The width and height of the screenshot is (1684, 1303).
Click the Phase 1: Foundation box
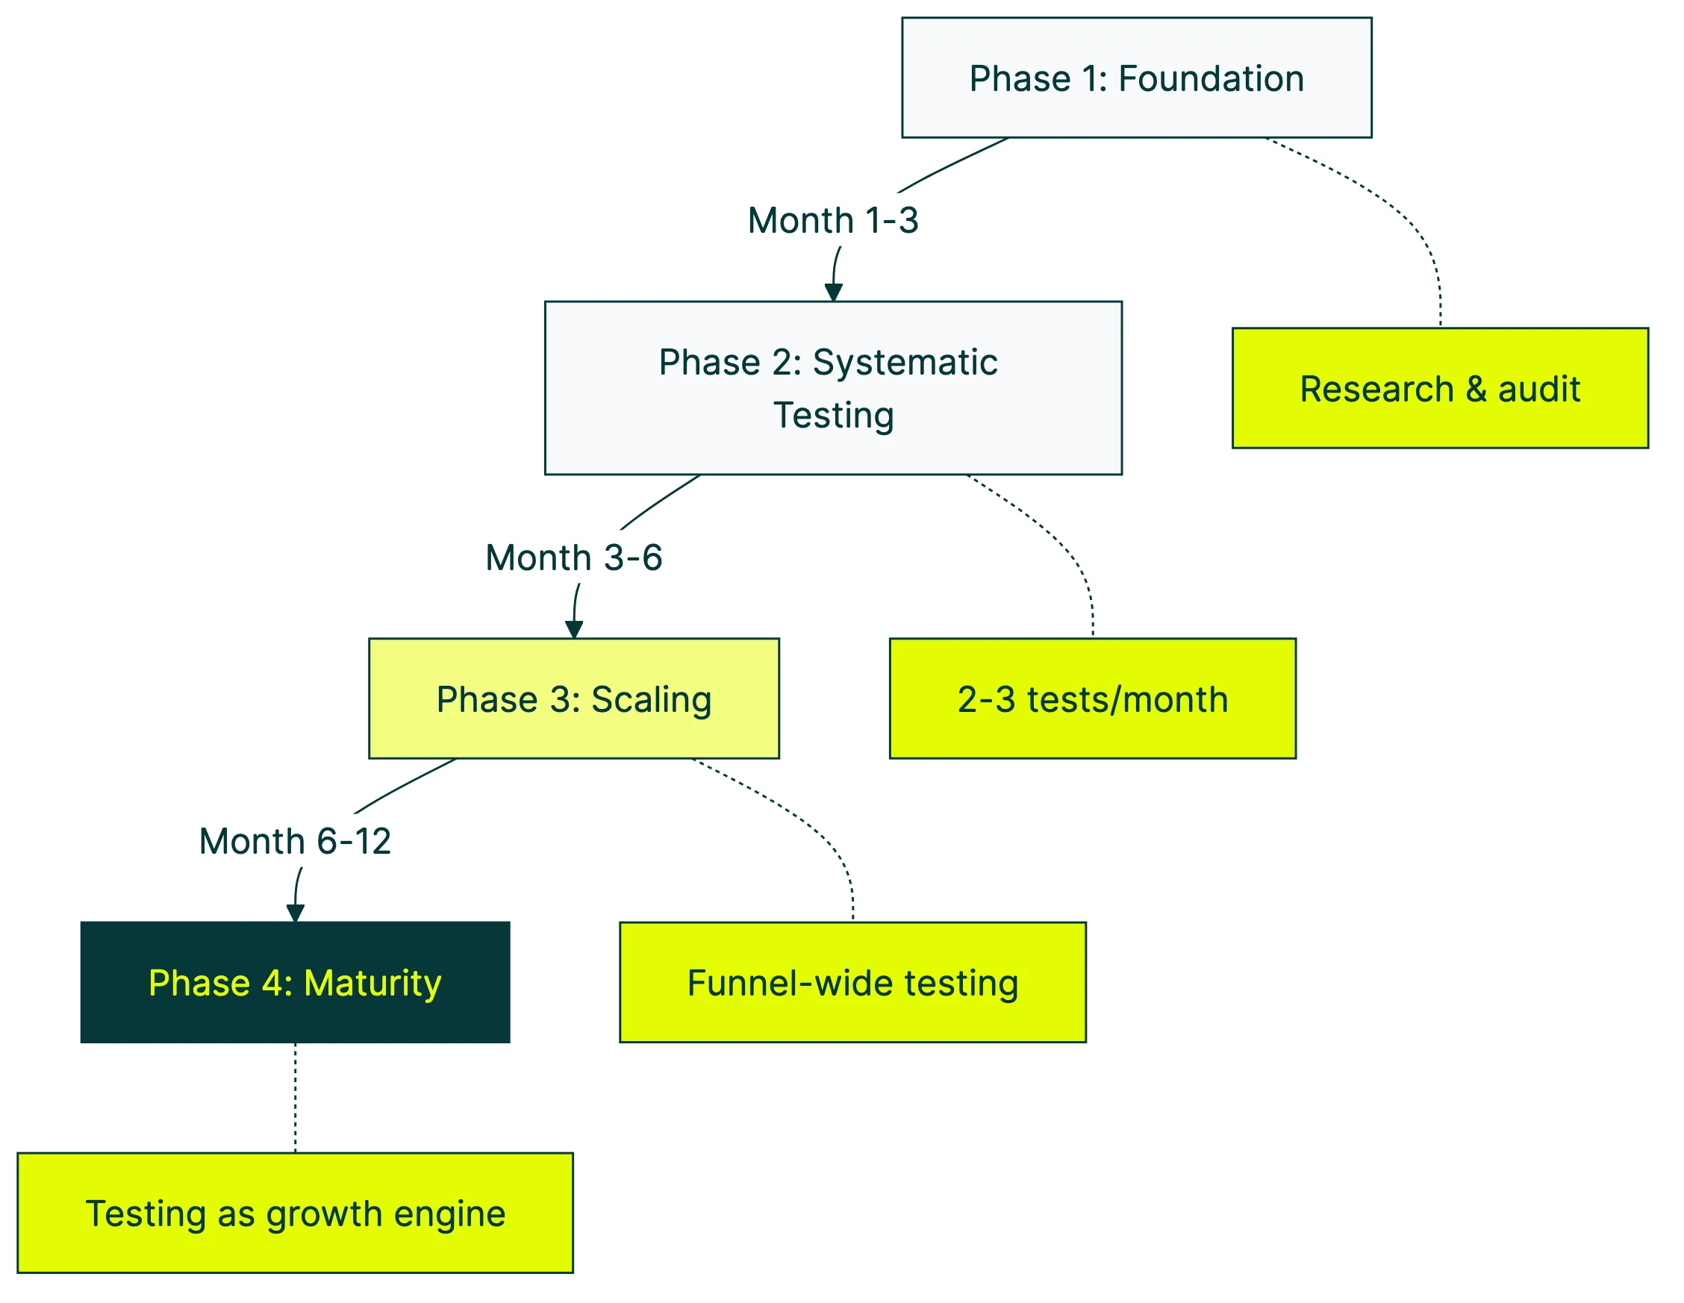point(1136,77)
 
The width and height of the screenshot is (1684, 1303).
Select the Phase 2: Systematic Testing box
point(833,387)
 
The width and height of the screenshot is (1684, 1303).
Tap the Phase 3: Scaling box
point(574,699)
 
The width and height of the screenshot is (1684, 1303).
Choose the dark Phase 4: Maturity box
point(295,982)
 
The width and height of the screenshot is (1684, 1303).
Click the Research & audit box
point(1440,388)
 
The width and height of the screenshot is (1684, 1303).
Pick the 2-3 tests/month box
point(1093,699)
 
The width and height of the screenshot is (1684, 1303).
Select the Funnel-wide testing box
point(852,982)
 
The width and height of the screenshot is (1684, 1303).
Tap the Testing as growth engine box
point(295,1213)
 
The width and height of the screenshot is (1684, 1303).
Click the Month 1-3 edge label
point(833,220)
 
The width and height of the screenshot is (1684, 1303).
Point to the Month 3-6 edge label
point(574,557)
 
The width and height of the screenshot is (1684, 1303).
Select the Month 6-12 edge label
point(295,841)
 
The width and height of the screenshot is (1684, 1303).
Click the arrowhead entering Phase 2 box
point(833,293)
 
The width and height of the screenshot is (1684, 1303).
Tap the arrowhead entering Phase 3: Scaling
point(574,629)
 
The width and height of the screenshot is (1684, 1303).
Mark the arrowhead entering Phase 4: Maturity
point(295,913)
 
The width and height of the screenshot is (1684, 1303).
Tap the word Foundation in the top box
point(1211,78)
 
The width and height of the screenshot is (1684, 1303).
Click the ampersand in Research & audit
point(1476,389)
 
